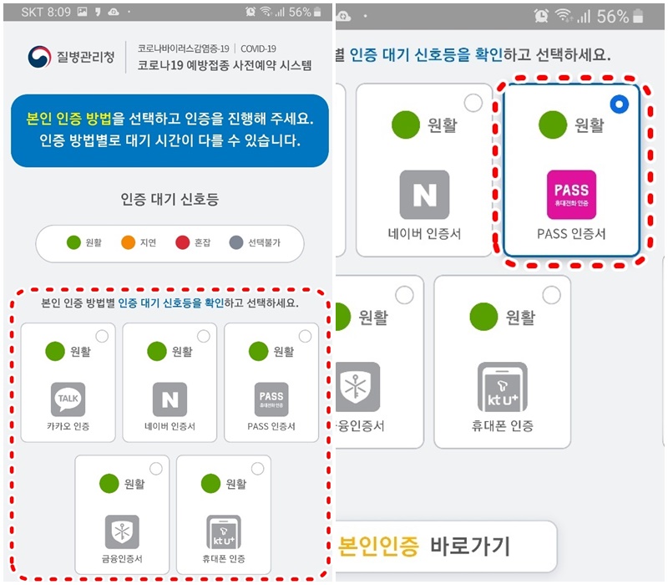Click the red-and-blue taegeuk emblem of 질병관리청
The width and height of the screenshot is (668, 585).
pyautogui.click(x=38, y=58)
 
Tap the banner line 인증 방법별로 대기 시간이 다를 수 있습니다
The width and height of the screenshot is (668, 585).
pyautogui.click(x=170, y=140)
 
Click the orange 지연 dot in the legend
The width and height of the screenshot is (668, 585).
pyautogui.click(x=129, y=243)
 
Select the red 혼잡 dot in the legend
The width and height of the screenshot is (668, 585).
pyautogui.click(x=183, y=243)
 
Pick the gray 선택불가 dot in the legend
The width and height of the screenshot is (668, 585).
pyautogui.click(x=235, y=243)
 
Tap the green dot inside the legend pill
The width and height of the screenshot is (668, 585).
pyautogui.click(x=73, y=243)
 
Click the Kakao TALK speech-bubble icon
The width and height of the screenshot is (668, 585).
pyautogui.click(x=68, y=399)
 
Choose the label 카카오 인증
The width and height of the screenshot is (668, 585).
pyautogui.click(x=68, y=427)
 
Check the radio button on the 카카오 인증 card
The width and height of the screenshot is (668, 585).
pyautogui.click(x=102, y=336)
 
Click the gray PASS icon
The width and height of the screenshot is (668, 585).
pyautogui.click(x=271, y=399)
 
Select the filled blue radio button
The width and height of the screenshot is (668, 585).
pyautogui.click(x=619, y=104)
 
